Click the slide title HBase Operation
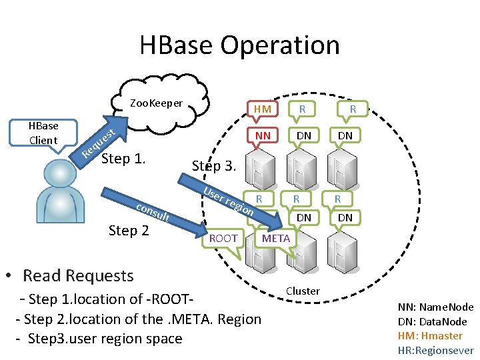(x=239, y=45)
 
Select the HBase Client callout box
(x=43, y=133)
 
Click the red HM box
(x=263, y=109)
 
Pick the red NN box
(x=263, y=135)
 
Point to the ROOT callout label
(x=223, y=238)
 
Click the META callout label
(x=276, y=238)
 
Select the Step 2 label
(x=128, y=231)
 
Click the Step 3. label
(x=214, y=165)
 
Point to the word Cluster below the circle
(x=303, y=291)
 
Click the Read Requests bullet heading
(x=77, y=275)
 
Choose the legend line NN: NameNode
(x=435, y=307)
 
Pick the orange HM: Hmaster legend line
(x=430, y=336)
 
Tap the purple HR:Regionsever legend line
(x=435, y=350)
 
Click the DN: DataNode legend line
(x=432, y=321)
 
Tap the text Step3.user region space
(x=98, y=338)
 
